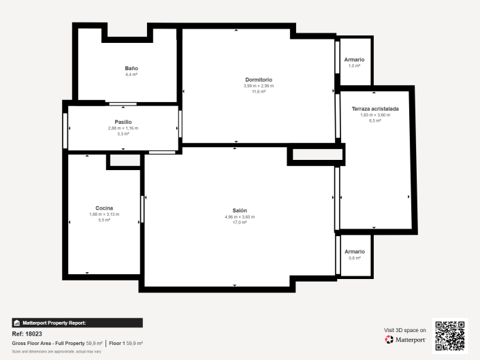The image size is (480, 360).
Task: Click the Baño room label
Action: point(131,68)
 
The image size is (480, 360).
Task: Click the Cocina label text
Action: point(104,208)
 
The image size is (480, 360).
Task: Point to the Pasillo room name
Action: point(123,122)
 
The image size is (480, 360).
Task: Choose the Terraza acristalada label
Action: point(374,109)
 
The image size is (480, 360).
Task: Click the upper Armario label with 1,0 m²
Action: point(353,60)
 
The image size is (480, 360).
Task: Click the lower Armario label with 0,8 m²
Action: point(353,252)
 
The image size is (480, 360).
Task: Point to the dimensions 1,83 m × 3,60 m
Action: point(374,115)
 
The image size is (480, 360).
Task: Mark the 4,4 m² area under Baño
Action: point(131,74)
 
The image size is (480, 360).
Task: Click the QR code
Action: point(451,336)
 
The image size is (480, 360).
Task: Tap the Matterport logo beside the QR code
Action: point(406,339)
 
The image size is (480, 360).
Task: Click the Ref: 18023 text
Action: point(27,334)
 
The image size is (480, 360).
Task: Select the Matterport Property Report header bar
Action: point(77,323)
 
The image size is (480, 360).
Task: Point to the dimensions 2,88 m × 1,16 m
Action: point(123,128)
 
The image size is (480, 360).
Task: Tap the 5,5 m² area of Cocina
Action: point(104,220)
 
